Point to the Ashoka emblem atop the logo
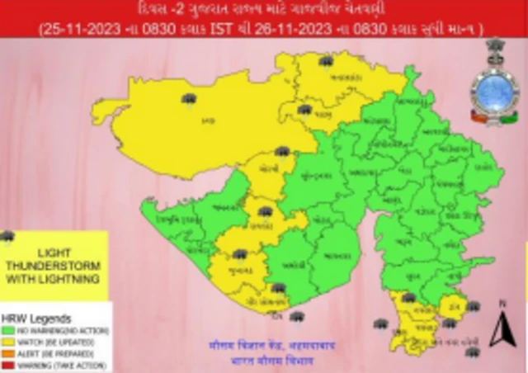pos(494,50)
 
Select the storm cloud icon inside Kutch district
pos(190,101)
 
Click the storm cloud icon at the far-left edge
pos(7,238)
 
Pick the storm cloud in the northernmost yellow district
pos(326,61)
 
